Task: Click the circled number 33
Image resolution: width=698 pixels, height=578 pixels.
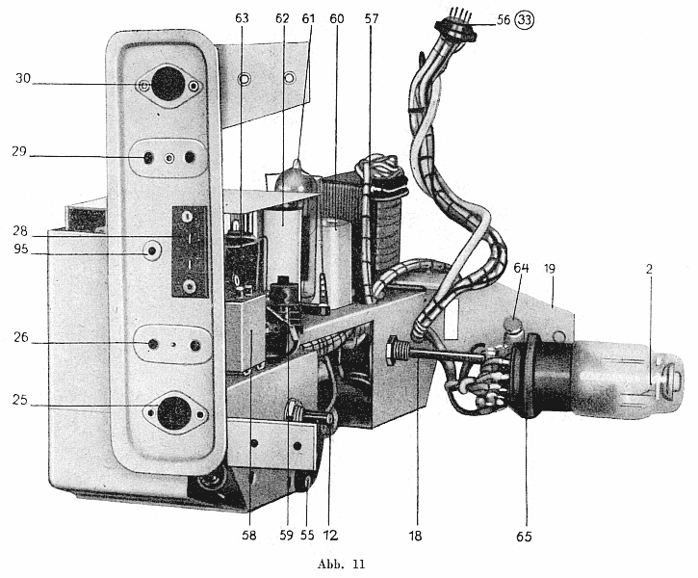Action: click(525, 20)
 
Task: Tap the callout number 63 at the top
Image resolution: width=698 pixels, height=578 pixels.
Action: click(243, 18)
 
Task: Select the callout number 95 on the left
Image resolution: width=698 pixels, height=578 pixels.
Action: click(21, 249)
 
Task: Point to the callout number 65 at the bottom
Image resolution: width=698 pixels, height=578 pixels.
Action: click(524, 537)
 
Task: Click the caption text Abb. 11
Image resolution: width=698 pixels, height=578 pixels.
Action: click(342, 565)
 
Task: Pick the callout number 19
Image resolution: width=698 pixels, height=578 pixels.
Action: click(550, 269)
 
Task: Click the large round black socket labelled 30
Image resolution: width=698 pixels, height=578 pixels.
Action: click(168, 84)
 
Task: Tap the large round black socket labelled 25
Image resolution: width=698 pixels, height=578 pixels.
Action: click(175, 412)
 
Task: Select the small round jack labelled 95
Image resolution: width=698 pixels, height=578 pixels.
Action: click(152, 250)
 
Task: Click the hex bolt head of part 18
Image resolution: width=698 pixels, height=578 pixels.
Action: click(392, 351)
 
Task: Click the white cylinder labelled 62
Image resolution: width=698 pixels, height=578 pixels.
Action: click(282, 245)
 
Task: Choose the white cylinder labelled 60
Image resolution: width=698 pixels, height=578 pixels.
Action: click(336, 262)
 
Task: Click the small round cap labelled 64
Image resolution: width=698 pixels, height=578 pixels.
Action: click(513, 324)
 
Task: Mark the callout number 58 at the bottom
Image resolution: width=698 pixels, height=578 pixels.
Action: click(249, 536)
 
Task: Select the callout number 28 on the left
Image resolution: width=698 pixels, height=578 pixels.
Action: click(20, 231)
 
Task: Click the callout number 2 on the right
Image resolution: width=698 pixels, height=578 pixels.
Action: click(649, 269)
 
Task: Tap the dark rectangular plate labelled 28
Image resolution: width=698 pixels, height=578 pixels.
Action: click(190, 251)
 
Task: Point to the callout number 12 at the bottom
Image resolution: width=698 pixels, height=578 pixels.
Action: click(330, 536)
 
